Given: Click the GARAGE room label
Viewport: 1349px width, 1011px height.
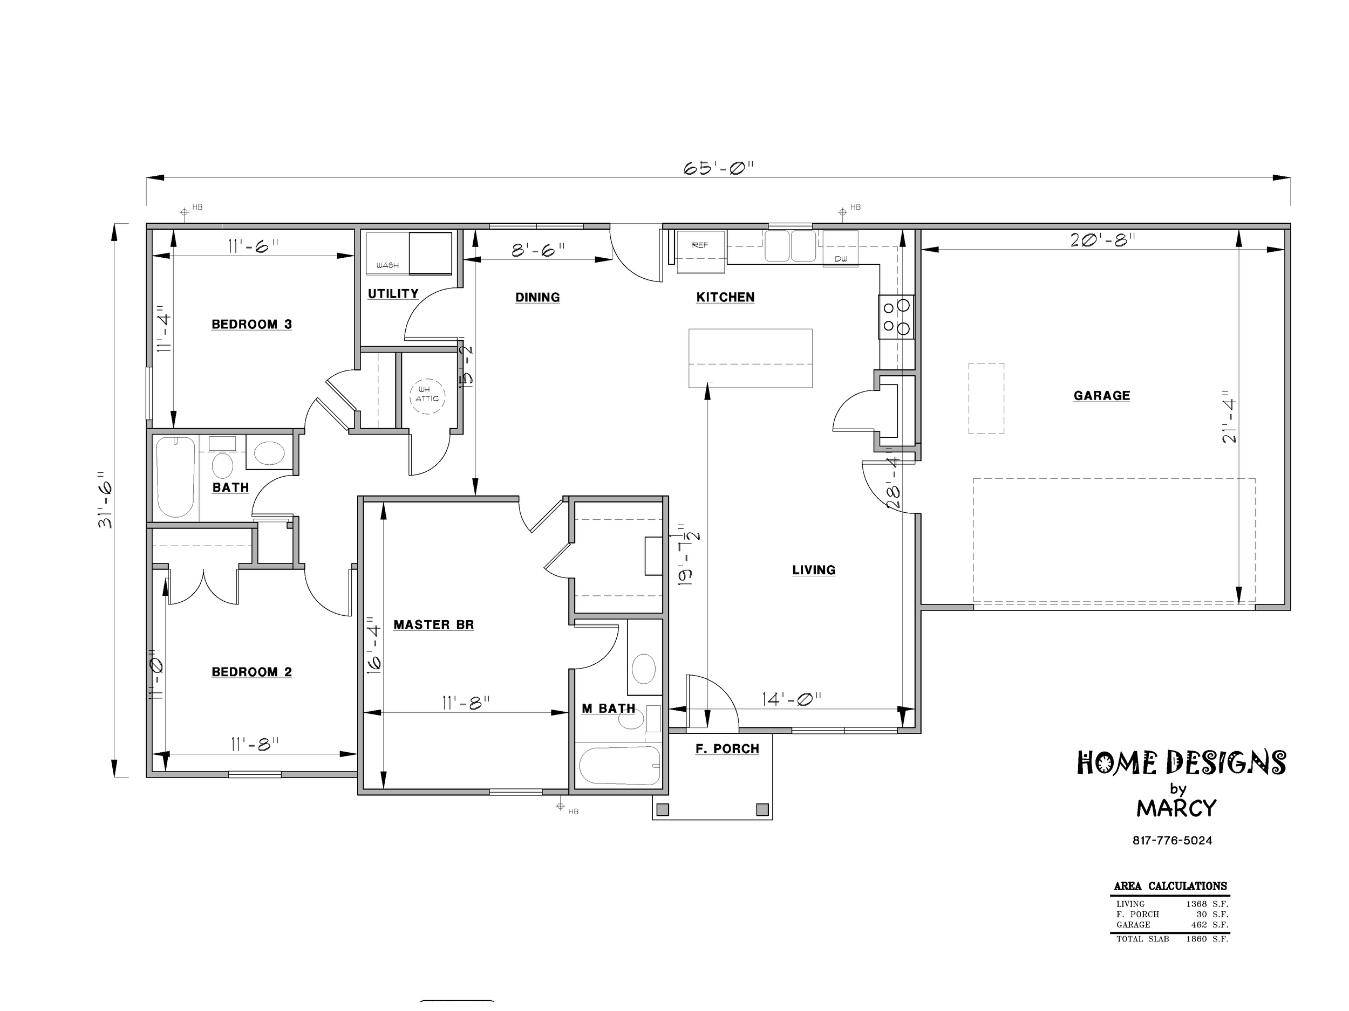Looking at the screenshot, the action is tap(1101, 395).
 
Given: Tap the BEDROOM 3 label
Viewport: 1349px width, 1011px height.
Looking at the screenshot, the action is tap(251, 324).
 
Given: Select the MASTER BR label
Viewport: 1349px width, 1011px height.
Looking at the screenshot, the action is tap(434, 624).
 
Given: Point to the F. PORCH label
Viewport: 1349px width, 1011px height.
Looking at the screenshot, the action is tap(727, 748).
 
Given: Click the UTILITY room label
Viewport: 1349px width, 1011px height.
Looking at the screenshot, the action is tap(393, 294).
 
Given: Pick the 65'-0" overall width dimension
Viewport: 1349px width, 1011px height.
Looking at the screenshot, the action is tap(718, 168).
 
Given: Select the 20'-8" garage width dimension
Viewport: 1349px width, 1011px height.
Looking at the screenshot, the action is tap(1102, 240).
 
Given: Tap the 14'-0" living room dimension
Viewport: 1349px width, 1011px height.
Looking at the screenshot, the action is tap(792, 699).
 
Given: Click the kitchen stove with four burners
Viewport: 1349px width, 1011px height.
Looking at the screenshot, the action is tap(896, 317).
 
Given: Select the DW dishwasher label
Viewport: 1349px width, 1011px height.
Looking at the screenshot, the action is tap(841, 259).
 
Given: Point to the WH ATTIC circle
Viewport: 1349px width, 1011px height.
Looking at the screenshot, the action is tap(427, 396).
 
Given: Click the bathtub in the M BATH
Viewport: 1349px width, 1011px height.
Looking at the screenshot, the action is tap(619, 766).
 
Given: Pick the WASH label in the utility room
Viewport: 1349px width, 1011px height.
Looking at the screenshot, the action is tap(387, 266).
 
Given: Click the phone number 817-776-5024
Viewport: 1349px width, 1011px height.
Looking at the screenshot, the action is tap(1172, 841).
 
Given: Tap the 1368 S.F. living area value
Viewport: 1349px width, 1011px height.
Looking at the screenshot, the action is tap(1207, 904).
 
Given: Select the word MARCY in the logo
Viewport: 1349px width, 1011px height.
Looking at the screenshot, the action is tap(1176, 809).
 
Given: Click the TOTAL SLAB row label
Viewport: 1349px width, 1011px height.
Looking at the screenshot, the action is tap(1142, 939).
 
